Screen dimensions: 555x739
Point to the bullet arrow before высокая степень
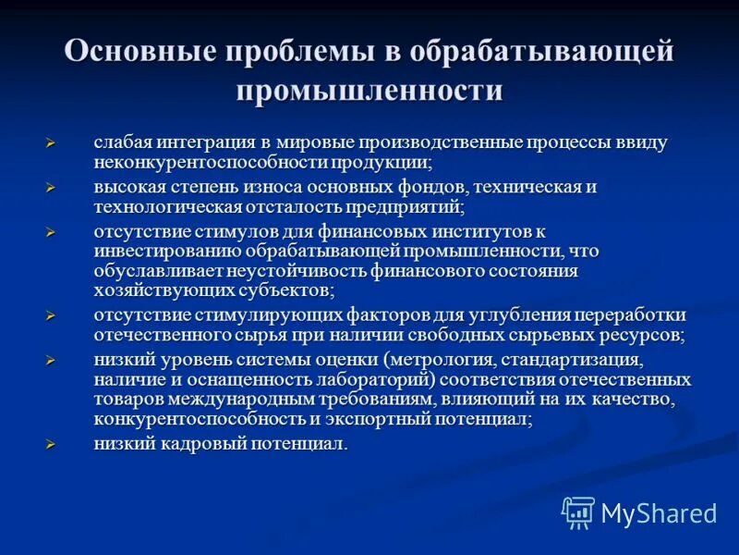(53, 188)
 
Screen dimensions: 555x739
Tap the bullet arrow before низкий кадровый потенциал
(53, 445)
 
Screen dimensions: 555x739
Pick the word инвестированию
(166, 251)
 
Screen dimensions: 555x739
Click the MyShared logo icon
(578, 512)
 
